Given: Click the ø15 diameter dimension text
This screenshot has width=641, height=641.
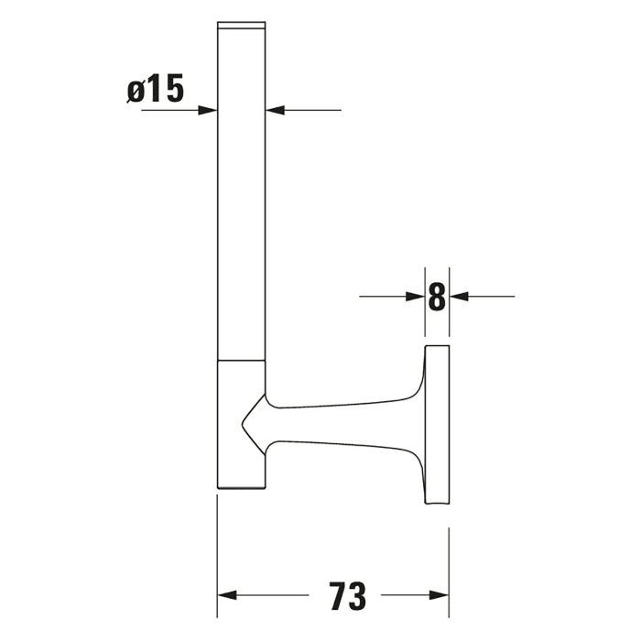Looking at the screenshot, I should [x=156, y=90].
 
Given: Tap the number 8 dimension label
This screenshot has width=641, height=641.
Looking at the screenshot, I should [x=437, y=296].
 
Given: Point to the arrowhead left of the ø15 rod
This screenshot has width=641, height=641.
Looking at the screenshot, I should [x=208, y=110].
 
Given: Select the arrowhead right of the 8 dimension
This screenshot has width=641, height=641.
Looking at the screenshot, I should [x=459, y=296].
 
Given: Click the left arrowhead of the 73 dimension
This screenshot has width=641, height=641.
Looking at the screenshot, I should [x=226, y=595].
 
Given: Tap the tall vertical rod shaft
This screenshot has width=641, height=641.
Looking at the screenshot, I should [x=241, y=192].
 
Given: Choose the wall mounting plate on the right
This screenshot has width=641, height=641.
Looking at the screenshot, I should [x=438, y=426].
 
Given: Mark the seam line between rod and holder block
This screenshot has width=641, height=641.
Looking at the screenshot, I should [x=241, y=360].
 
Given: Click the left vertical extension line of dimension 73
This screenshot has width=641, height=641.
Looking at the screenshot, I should [x=217, y=549].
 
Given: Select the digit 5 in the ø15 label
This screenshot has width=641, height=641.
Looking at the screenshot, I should [x=174, y=90].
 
